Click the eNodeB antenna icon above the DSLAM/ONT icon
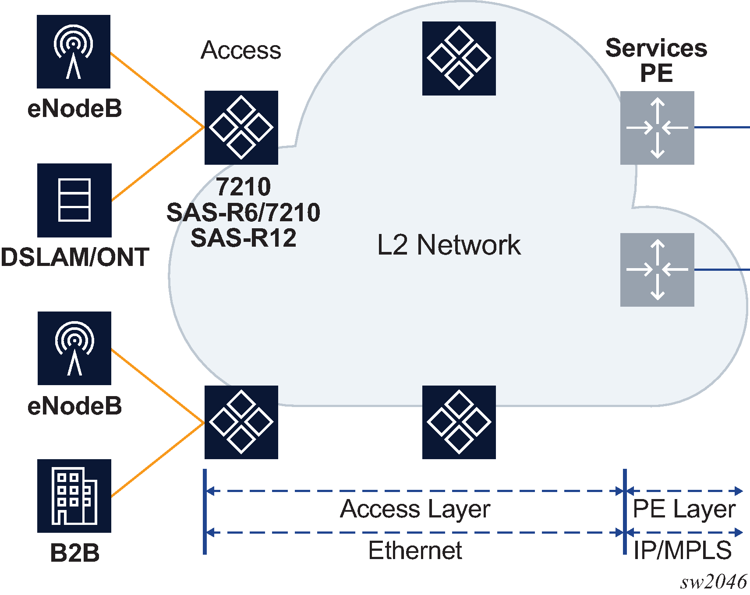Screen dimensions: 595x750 (x=74, y=52)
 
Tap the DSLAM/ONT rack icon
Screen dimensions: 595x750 (x=74, y=200)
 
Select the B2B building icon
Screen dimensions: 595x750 (x=74, y=496)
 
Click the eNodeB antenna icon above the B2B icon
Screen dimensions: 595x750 (x=74, y=348)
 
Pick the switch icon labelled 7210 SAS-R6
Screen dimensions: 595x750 (x=241, y=127)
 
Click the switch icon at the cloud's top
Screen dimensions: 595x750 (x=459, y=58)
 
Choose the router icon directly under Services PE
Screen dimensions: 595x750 (x=657, y=128)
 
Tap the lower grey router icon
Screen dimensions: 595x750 (x=657, y=269)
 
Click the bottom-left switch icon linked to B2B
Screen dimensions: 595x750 (x=241, y=422)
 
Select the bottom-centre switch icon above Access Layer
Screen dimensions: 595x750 (x=459, y=422)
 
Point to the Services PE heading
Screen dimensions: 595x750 (x=656, y=60)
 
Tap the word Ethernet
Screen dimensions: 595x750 (x=415, y=550)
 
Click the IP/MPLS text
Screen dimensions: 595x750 (x=683, y=550)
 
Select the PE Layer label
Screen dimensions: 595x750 (x=684, y=509)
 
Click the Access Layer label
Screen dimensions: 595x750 (x=415, y=509)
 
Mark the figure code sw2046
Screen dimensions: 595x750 (x=713, y=582)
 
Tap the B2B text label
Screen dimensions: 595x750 (x=74, y=553)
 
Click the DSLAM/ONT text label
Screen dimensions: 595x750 (x=74, y=257)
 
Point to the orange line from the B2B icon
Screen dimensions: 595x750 (x=158, y=460)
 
